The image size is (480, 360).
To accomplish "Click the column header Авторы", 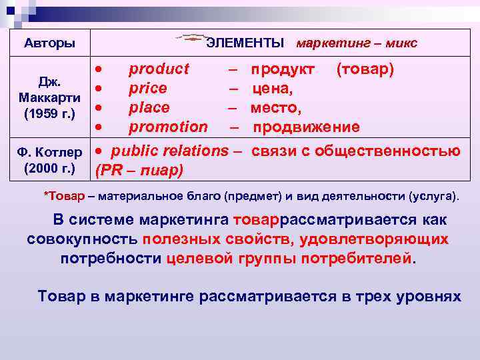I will [x=49, y=44].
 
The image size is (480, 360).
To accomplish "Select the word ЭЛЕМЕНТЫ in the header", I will [x=245, y=44].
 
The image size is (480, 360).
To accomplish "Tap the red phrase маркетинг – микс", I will [x=356, y=44].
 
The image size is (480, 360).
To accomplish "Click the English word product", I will [x=159, y=69].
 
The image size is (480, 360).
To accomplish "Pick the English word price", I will [x=148, y=89].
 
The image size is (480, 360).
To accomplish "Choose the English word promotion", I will [x=168, y=127].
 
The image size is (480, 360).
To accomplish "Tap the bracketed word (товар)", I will [x=365, y=69].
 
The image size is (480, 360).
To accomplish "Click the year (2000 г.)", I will [x=49, y=166].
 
